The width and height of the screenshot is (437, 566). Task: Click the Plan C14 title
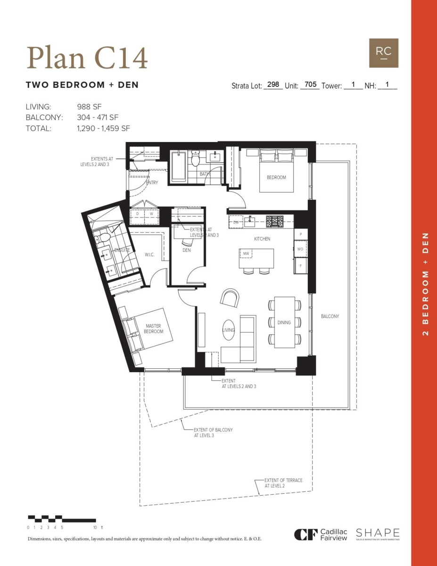(x=87, y=58)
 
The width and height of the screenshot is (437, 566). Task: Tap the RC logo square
(x=383, y=53)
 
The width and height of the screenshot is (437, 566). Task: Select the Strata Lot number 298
(x=272, y=85)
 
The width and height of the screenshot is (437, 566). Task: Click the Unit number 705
(x=310, y=85)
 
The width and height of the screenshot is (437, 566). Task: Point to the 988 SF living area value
(x=89, y=107)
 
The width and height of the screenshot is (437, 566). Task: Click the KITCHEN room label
(x=262, y=239)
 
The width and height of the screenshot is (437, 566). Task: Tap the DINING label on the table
(x=284, y=323)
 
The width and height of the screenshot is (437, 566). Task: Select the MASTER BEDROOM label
(x=154, y=329)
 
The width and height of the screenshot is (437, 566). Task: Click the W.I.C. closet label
(x=149, y=255)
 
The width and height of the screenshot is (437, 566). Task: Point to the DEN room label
(x=187, y=250)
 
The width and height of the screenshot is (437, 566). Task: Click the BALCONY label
(x=330, y=316)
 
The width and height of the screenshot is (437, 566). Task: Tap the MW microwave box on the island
(x=246, y=254)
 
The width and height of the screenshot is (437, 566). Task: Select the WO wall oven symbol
(x=300, y=249)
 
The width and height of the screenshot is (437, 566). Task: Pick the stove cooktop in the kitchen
(x=275, y=221)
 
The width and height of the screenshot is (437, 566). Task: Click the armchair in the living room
(x=230, y=298)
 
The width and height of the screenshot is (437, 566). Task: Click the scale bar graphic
(x=61, y=518)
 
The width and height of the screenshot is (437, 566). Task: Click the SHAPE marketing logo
(x=378, y=534)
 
